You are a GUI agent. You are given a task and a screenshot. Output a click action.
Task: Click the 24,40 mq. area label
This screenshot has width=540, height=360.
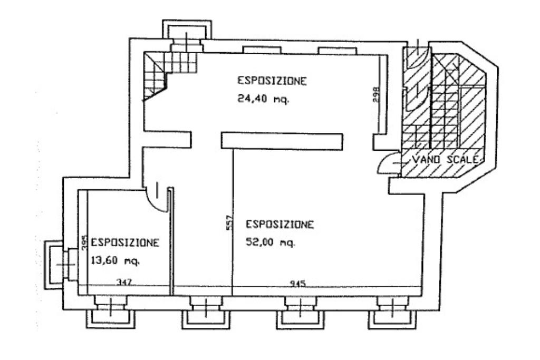(264, 100)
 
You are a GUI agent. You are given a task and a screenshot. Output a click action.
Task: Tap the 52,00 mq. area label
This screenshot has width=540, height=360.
(271, 242)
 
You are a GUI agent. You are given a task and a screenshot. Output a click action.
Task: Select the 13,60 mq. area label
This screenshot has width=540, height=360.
(115, 260)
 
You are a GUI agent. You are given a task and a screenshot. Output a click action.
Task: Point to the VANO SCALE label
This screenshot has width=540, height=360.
(446, 159)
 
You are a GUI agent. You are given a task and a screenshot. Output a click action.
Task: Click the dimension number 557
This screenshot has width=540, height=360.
(230, 222)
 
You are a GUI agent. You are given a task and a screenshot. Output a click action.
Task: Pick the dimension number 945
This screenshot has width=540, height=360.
(297, 284)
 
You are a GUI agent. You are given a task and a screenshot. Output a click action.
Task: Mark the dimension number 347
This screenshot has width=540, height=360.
(124, 283)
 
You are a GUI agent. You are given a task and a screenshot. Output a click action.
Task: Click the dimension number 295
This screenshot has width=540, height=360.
(85, 242)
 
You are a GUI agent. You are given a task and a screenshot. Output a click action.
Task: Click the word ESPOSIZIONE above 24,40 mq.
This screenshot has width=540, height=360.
(272, 81)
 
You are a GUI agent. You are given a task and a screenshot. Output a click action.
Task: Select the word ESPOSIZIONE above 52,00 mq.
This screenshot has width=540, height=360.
(279, 225)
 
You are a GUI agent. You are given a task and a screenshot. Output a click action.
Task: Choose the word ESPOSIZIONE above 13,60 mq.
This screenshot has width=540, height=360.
(125, 242)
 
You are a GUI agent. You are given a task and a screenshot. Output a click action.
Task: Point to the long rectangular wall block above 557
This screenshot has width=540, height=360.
(282, 141)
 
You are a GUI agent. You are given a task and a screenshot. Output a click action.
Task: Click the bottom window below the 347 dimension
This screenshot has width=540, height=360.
(110, 312)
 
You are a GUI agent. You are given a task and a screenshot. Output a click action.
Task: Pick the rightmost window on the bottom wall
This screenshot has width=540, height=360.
(392, 312)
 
